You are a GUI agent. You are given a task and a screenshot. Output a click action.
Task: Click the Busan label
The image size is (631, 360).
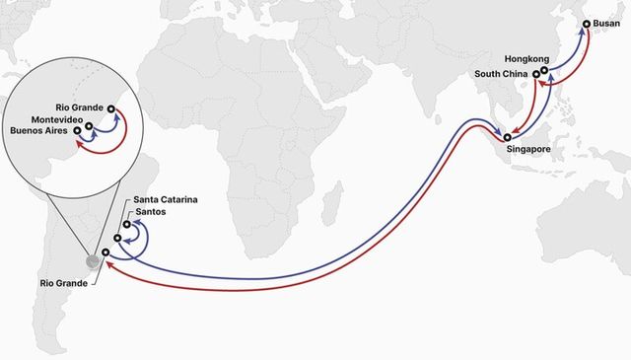point(606,23)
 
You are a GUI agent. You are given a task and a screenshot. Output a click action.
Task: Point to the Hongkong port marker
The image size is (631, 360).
point(544,70)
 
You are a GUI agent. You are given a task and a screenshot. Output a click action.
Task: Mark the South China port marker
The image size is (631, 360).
point(536,74)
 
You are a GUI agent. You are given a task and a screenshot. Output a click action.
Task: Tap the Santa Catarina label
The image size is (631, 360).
point(165,200)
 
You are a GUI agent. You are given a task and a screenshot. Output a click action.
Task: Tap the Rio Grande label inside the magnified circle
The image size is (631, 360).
point(78,107)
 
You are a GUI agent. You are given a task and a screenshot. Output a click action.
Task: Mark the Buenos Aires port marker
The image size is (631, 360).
point(77,132)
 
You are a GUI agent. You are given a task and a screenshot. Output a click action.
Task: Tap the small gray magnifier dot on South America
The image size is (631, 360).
point(93,261)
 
